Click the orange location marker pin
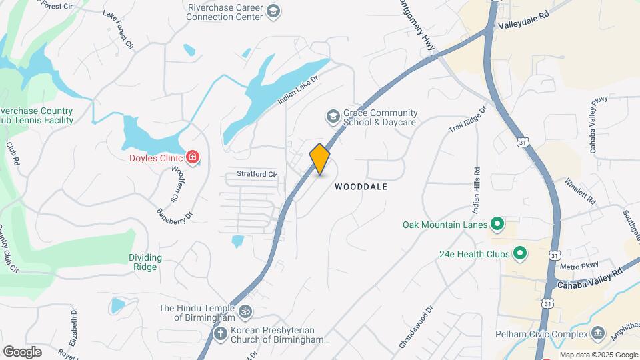click(320, 159)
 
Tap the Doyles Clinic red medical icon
click(193, 157)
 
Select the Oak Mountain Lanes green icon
click(497, 224)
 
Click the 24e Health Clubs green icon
click(520, 253)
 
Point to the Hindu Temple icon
click(245, 311)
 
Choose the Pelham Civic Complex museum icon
click(598, 333)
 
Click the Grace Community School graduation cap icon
click(332, 117)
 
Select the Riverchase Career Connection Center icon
click(273, 11)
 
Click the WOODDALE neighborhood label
click(361, 187)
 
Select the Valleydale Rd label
click(523, 23)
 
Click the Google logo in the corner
click(22, 351)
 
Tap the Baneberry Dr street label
click(174, 215)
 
